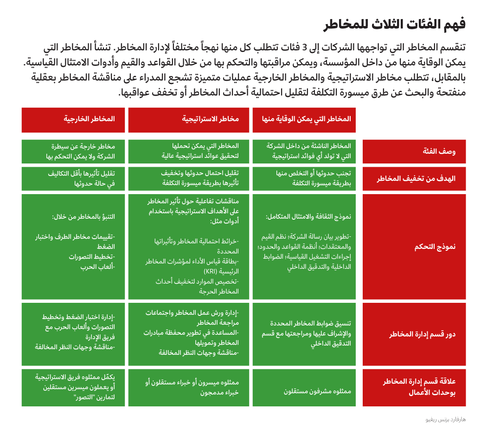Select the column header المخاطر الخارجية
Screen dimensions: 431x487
[89, 119]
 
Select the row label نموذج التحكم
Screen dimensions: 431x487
[435, 247]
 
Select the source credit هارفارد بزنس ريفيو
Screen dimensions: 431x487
[445, 419]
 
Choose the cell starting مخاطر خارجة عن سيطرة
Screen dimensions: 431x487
[80, 151]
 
